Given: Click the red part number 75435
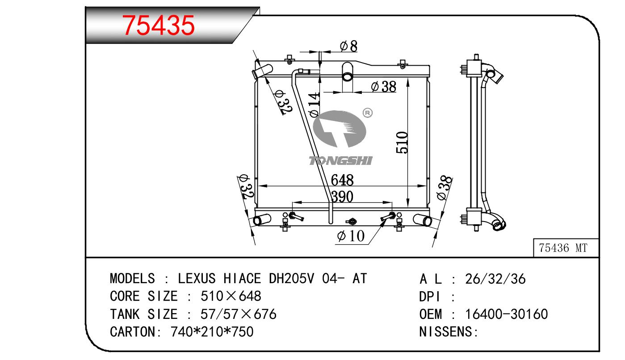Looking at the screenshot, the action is (158, 25).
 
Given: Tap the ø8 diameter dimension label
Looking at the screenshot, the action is (349, 46).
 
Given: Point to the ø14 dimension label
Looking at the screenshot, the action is (315, 105).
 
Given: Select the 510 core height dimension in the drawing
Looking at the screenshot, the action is (402, 142).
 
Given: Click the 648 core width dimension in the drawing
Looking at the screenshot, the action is (342, 180).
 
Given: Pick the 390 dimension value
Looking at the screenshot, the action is (342, 197).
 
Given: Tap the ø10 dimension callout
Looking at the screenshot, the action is (351, 236).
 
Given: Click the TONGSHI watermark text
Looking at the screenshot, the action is (340, 161).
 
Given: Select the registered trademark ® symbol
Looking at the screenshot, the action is (368, 113).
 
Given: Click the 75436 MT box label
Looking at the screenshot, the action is (563, 248).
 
